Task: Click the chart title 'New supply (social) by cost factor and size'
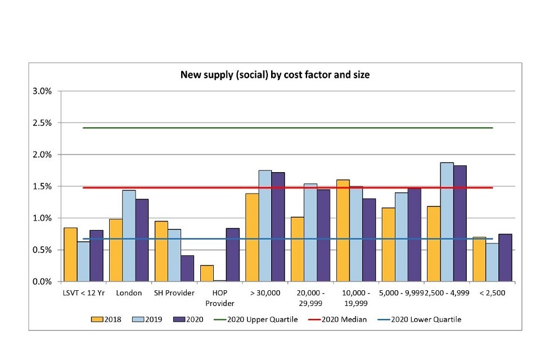(x=274, y=74)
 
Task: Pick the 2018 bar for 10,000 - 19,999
(x=342, y=231)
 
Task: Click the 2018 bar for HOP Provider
(x=207, y=273)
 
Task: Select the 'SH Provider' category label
(x=174, y=293)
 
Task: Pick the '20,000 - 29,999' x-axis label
(x=311, y=298)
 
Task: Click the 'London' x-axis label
(x=129, y=293)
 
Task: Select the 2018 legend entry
(x=107, y=319)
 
